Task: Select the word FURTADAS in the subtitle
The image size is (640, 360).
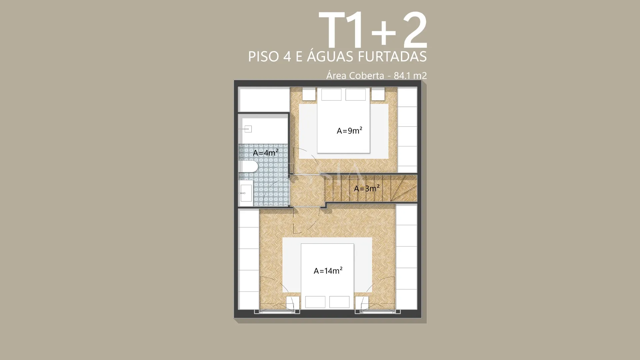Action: (x=392, y=57)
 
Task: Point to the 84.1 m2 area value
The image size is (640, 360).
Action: (x=410, y=76)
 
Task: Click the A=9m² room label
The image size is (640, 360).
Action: (x=349, y=130)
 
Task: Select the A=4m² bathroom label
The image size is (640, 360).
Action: (x=266, y=152)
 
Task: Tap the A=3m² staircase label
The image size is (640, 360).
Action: (x=367, y=188)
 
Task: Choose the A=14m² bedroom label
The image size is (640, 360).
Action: (x=328, y=271)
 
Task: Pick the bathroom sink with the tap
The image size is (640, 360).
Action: (x=246, y=193)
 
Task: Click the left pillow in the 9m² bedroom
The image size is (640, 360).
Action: (x=331, y=95)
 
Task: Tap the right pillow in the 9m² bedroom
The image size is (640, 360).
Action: (x=356, y=95)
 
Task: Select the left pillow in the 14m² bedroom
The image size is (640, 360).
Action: (x=315, y=302)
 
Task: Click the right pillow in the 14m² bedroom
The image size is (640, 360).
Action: (x=339, y=302)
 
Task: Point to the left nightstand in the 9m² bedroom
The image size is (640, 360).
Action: (x=309, y=94)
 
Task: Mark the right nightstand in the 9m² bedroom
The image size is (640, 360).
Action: (x=378, y=94)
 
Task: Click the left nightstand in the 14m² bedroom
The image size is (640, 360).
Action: (x=293, y=303)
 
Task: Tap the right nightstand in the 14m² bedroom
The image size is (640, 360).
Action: (x=362, y=303)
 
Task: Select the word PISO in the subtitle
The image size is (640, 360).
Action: (x=263, y=57)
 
